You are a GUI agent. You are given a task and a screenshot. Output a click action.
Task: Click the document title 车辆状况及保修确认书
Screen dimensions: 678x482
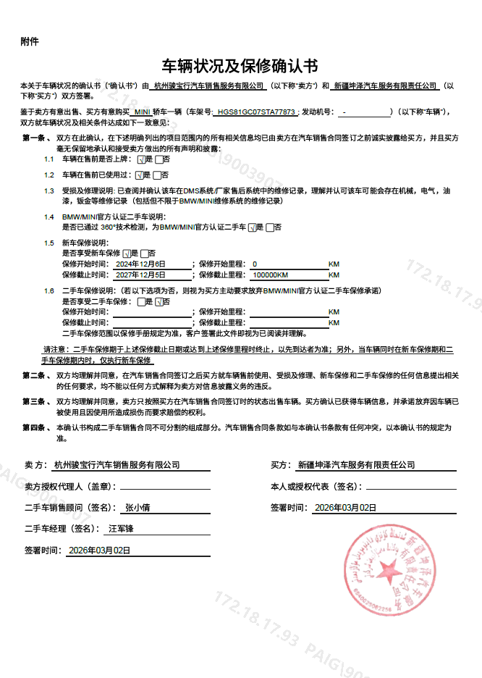tap(240, 67)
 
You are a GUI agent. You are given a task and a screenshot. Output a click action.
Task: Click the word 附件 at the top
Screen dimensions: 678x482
tap(30, 41)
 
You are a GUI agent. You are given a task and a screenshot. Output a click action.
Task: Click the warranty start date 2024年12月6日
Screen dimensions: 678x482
tap(141, 264)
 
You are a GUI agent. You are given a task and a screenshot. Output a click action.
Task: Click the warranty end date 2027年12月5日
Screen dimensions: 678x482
tap(141, 275)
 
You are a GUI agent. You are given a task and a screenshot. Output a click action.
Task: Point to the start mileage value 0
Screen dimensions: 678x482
tap(255, 264)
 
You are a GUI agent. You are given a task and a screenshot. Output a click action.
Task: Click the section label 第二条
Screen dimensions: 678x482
tap(34, 375)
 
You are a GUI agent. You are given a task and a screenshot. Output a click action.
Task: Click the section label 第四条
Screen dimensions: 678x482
tap(34, 428)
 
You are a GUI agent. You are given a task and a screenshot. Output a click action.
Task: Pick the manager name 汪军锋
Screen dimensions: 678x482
tap(121, 529)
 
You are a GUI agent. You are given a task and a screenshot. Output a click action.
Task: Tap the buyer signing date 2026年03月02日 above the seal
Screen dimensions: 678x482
tap(345, 508)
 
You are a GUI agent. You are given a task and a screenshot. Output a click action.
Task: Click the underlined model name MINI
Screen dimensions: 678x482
tap(143, 112)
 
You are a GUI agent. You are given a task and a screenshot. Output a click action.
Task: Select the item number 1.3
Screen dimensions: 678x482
tap(49, 191)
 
